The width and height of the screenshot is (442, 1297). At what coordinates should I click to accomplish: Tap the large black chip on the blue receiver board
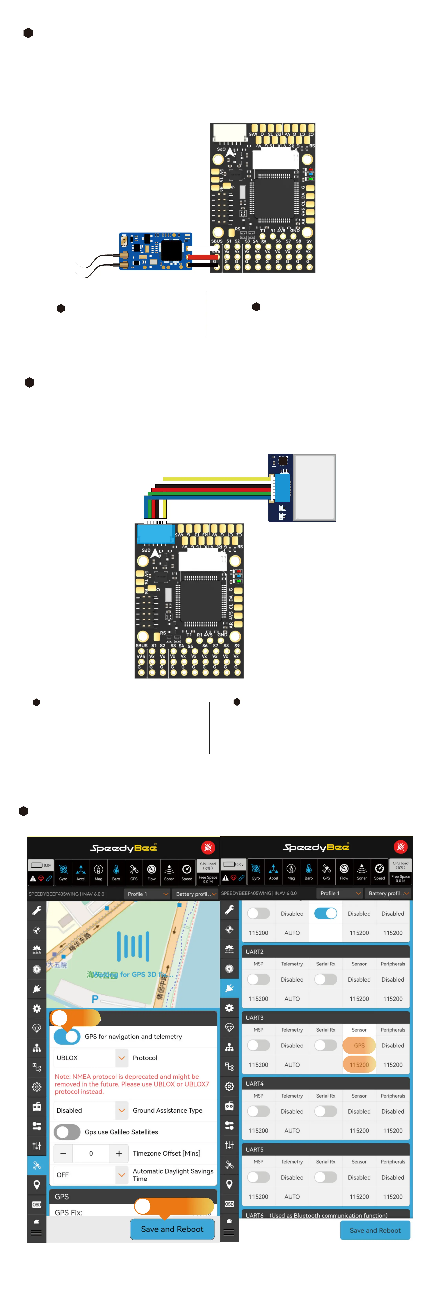pos(171,250)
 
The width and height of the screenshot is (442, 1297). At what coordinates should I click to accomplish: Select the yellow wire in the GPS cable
pos(217,479)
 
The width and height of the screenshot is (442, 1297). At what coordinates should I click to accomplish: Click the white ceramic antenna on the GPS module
pos(315,487)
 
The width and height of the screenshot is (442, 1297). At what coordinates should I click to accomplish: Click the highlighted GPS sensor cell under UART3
pos(359,1045)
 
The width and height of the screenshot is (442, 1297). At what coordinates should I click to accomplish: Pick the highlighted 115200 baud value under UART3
pos(359,1064)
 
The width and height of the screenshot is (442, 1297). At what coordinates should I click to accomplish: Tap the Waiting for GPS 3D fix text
pos(130,974)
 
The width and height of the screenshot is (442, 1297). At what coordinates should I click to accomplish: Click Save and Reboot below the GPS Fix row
pos(172,1229)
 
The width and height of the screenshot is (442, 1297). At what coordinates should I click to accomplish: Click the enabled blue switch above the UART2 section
pos(326,913)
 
